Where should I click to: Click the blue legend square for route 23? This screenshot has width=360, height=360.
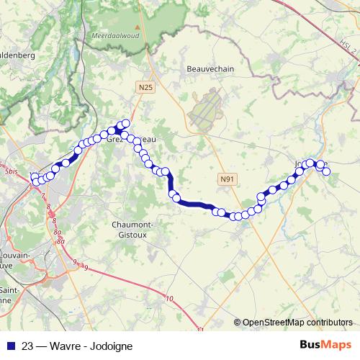[x=9, y=344]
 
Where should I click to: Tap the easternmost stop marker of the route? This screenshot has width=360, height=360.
[x=326, y=170]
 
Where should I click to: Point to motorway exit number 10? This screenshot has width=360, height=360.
[x=170, y=299]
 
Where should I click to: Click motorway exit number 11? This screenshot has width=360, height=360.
[x=199, y=330]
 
